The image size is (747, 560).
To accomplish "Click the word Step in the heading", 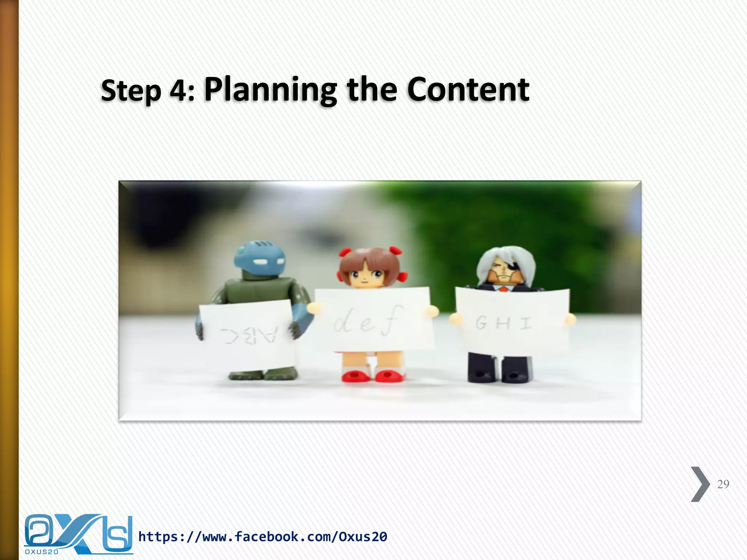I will [131, 91].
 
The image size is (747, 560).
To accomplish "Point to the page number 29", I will [723, 484].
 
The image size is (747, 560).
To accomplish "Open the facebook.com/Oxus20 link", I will [263, 537].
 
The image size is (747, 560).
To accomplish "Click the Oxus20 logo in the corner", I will [78, 534].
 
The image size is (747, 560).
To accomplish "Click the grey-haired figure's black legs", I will [499, 368].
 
